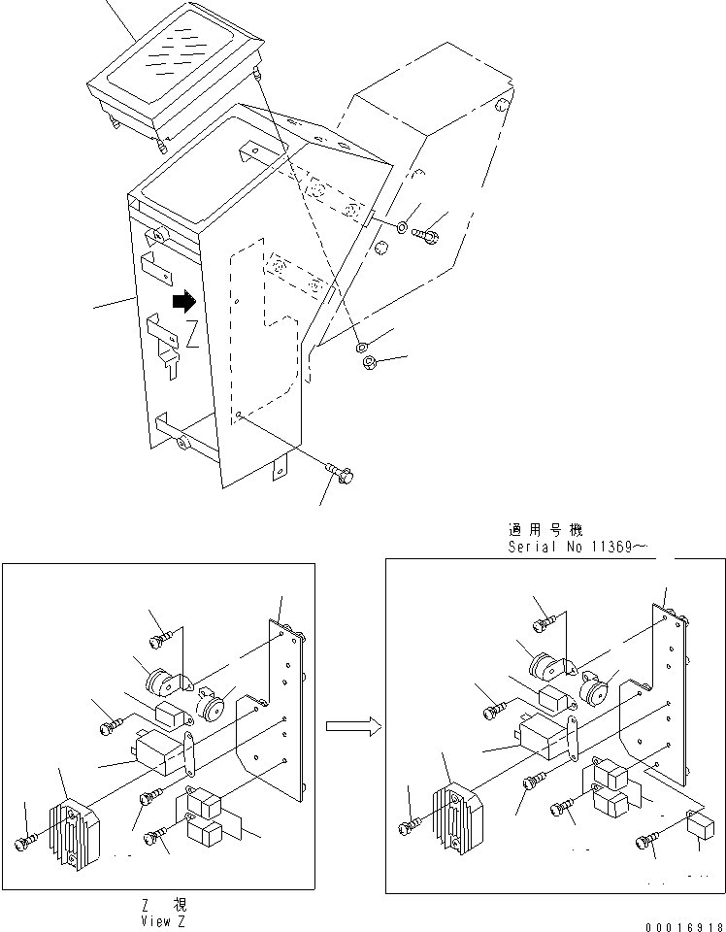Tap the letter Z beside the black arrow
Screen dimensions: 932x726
click(x=193, y=335)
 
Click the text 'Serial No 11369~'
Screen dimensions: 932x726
click(x=578, y=548)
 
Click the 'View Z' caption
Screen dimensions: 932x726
click(x=163, y=920)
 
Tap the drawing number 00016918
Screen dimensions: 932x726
click(x=683, y=926)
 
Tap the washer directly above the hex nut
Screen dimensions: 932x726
click(x=361, y=346)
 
